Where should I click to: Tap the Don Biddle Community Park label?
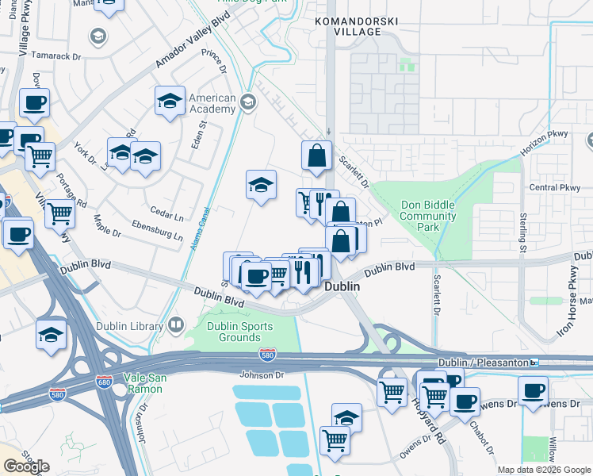(x=428, y=216)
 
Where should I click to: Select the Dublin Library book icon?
(x=175, y=324)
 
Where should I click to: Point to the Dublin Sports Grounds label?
(x=239, y=332)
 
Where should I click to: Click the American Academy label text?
(x=212, y=103)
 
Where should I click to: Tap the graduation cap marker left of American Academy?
(x=170, y=101)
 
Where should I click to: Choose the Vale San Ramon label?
(x=144, y=384)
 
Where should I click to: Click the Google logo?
(x=26, y=466)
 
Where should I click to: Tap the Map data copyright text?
(x=543, y=470)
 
